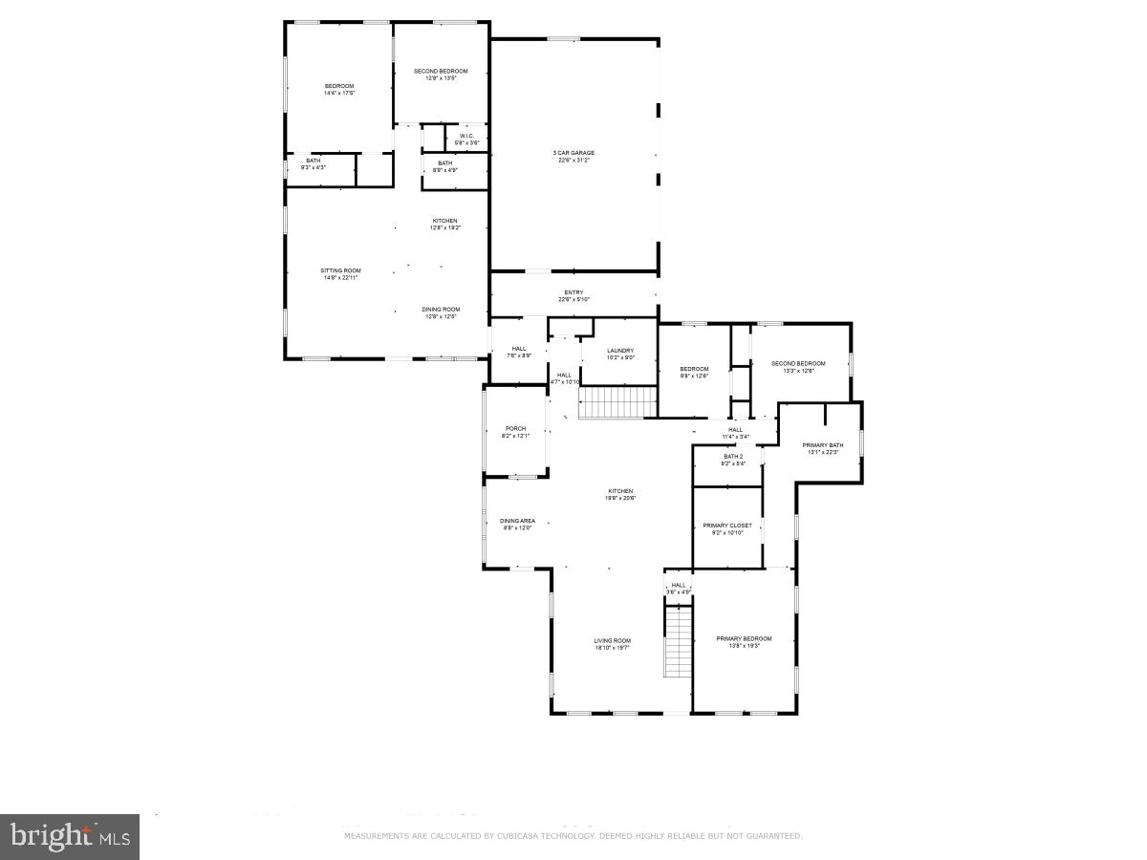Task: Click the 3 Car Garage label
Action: click(x=574, y=153)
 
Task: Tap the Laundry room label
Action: click(x=620, y=351)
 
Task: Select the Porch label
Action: click(x=515, y=428)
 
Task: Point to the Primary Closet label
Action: click(x=727, y=526)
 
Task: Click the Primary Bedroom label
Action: click(x=744, y=638)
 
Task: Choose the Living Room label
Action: click(x=612, y=640)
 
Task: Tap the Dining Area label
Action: click(x=518, y=521)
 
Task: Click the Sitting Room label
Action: click(x=340, y=270)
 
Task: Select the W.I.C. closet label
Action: click(x=466, y=136)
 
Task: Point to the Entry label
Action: click(x=573, y=292)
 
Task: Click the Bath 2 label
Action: click(x=733, y=457)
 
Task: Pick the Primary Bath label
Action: click(x=822, y=445)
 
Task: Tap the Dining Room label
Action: click(x=441, y=309)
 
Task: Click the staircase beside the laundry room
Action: click(x=617, y=402)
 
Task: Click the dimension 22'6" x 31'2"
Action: click(x=574, y=161)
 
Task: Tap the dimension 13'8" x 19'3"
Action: click(x=744, y=646)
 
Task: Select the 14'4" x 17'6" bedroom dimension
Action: click(x=339, y=94)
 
